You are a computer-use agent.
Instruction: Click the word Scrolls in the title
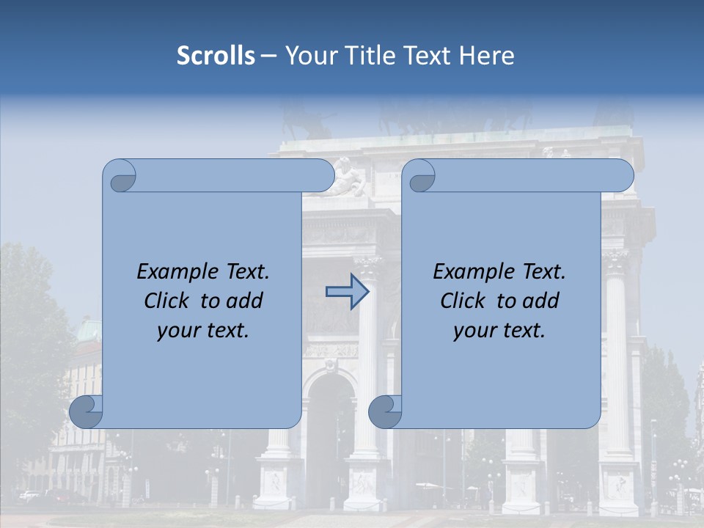[216, 56]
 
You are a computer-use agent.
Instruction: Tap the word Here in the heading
[487, 56]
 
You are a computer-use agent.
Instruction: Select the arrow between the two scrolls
[347, 291]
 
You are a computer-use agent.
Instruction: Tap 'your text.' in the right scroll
[499, 331]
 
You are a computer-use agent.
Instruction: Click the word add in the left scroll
[246, 301]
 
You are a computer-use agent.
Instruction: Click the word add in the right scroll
[542, 301]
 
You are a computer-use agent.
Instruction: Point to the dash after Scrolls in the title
[268, 56]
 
